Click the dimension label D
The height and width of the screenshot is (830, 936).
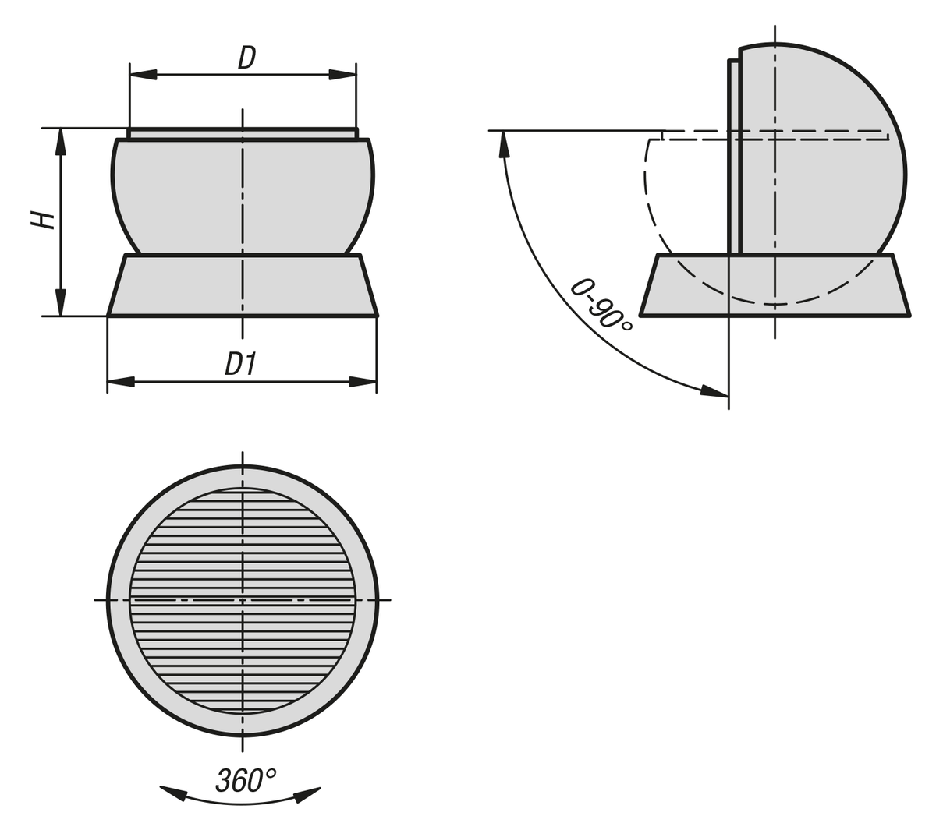coord(246,58)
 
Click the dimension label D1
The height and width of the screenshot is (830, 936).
coord(241,363)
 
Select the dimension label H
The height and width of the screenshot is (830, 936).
coord(43,220)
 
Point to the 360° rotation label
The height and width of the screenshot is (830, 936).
coord(246,780)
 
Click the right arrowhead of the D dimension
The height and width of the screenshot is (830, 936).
coord(342,74)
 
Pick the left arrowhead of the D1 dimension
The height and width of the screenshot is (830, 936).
coord(121,382)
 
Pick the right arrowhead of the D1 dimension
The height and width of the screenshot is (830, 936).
coord(363,382)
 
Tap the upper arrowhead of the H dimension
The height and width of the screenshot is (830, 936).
coord(61,142)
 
